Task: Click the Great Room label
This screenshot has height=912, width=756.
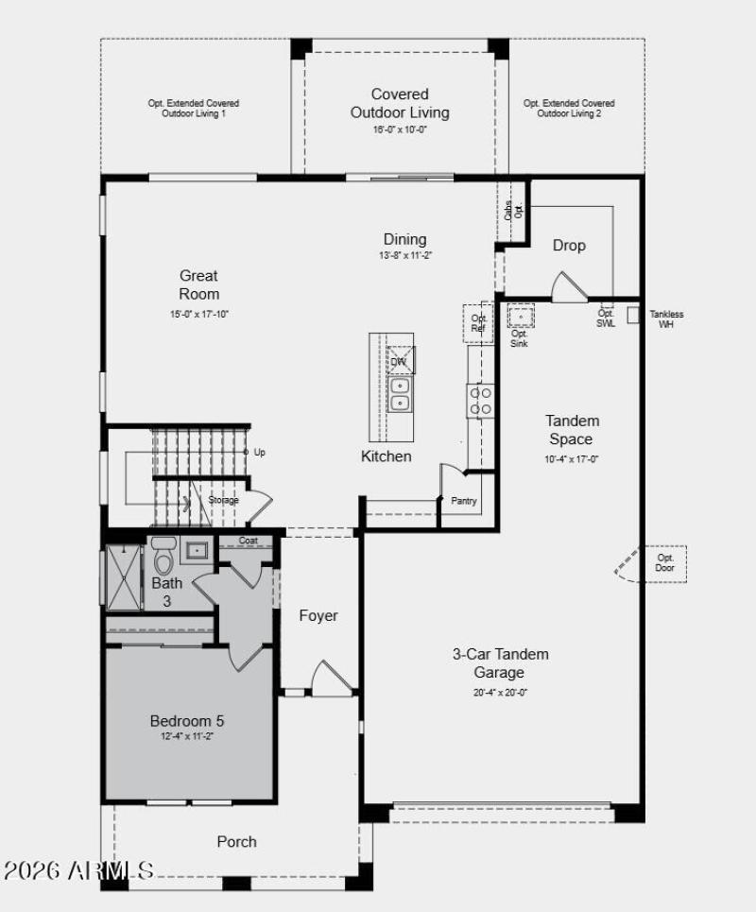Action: click(199, 284)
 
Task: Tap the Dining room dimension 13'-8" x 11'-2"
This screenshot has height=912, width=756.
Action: click(404, 255)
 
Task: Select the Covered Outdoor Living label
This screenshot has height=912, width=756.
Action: click(400, 103)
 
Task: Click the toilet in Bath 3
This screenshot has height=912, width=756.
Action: click(164, 558)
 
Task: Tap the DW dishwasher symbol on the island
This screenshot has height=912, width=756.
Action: click(400, 360)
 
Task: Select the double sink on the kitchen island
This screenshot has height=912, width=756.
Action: click(400, 394)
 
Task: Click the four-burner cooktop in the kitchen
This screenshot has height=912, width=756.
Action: click(480, 400)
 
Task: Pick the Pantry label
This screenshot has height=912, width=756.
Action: click(463, 501)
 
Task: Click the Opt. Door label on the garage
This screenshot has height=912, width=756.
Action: click(666, 563)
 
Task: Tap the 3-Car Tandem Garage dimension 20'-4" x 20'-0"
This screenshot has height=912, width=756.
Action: click(500, 692)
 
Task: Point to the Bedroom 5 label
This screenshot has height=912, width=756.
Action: click(187, 721)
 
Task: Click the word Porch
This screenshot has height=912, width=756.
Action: click(236, 841)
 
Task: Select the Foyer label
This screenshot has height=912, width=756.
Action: click(318, 615)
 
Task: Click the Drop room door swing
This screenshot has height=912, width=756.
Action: click(568, 287)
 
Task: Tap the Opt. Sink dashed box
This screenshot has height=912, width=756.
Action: click(521, 316)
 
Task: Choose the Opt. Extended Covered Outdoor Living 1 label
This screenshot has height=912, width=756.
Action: click(193, 108)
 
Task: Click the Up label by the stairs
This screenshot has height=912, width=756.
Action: click(259, 453)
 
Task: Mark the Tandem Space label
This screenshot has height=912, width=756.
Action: click(572, 429)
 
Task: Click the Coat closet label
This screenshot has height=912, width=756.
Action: click(248, 541)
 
